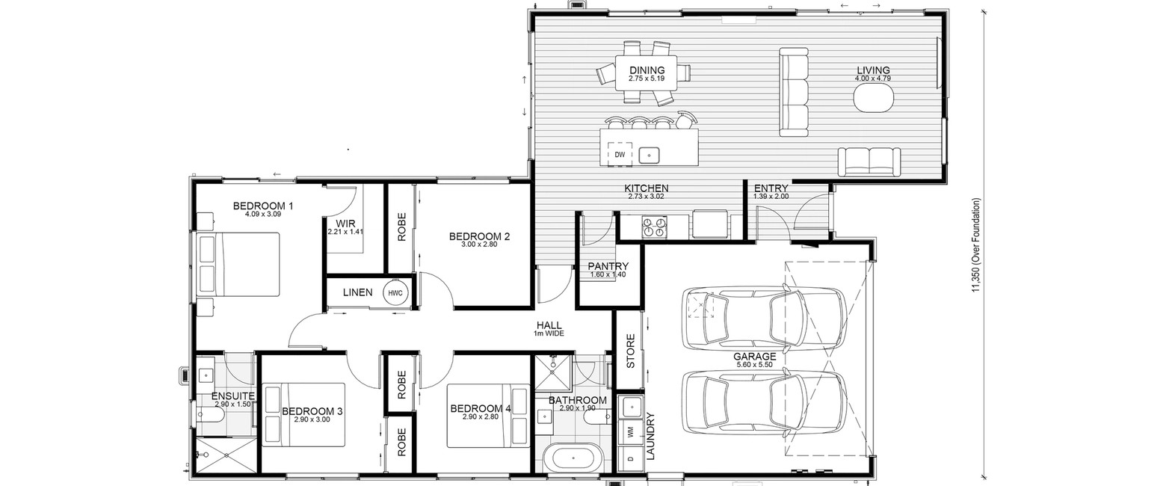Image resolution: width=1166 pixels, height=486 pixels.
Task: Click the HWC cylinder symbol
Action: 395,293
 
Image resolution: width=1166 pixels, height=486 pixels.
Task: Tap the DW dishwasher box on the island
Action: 620,154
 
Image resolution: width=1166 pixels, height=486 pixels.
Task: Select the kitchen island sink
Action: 649,155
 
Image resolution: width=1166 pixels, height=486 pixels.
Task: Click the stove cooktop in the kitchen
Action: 654,227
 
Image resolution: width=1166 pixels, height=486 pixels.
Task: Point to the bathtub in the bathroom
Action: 573,458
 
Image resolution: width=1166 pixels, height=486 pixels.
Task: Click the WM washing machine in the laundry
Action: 631,432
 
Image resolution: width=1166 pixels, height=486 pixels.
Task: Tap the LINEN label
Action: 357,293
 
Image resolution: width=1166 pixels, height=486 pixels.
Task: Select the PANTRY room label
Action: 608,266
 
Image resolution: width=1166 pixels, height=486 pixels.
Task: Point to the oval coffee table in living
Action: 874,98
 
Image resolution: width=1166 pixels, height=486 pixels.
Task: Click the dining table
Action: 647,73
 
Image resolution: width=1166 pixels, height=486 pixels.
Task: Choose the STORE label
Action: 630,351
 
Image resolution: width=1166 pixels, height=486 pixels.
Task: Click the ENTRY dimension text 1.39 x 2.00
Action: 771,197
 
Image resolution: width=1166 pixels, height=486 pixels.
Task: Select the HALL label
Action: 549,325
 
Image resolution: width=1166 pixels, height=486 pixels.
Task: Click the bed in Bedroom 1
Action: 238,265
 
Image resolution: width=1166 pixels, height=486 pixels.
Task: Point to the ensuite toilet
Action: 209,415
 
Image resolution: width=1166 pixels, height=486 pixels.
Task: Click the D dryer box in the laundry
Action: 631,458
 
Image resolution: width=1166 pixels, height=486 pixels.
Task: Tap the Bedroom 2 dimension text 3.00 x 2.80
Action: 479,244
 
